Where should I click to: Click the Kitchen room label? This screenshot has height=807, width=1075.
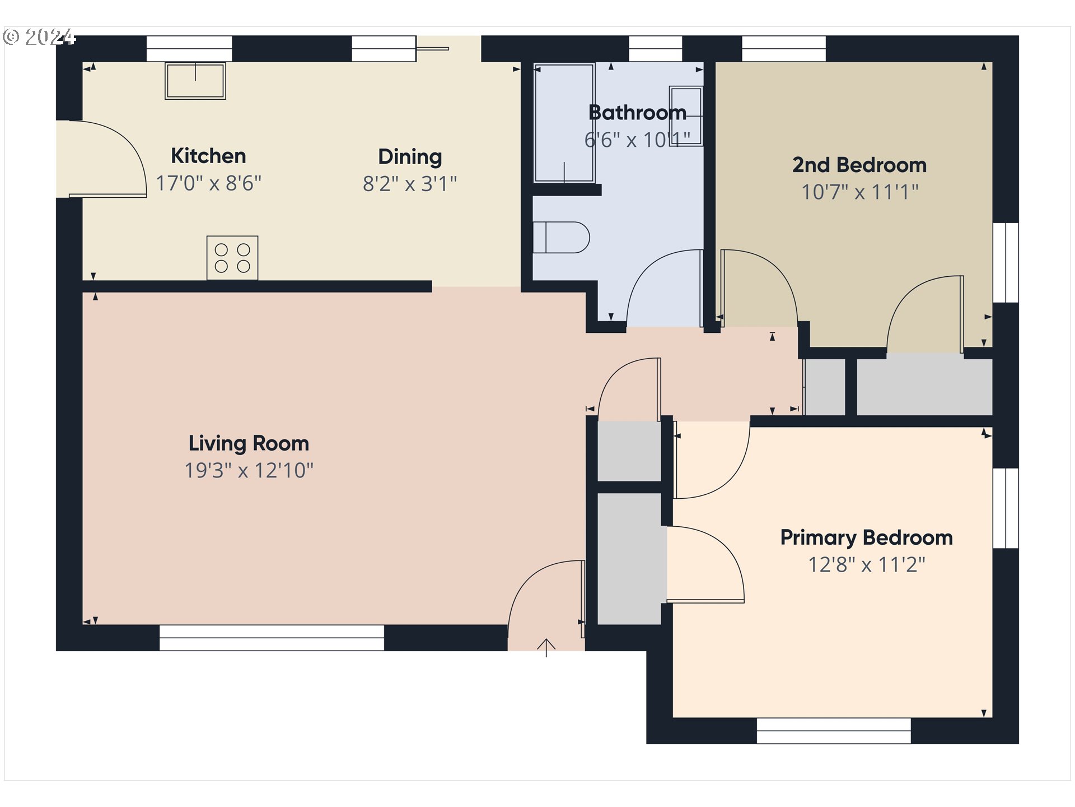208,156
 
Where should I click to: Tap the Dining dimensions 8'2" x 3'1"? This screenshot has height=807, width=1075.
410,183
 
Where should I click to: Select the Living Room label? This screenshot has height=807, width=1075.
249,443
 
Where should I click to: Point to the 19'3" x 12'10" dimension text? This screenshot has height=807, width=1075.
249,470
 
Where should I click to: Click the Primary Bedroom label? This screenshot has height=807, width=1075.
867,538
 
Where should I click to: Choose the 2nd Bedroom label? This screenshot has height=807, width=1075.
859,165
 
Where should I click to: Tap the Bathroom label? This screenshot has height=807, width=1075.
637,113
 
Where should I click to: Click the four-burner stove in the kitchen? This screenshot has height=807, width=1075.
232,258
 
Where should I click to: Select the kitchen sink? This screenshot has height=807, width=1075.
195,81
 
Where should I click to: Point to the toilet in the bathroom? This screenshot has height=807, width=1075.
561,238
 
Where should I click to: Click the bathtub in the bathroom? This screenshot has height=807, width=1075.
564,123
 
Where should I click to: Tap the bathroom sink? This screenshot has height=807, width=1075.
686,116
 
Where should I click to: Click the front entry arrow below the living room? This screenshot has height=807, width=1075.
546,647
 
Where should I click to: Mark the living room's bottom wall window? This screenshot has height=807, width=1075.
272,638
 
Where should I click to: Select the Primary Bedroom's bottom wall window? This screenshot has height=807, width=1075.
834,731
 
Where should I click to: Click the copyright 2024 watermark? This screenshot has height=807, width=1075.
39,37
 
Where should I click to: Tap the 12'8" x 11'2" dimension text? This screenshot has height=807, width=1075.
867,564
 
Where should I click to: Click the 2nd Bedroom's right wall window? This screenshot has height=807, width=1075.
1006,263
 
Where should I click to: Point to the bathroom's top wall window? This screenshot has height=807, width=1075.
656,49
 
